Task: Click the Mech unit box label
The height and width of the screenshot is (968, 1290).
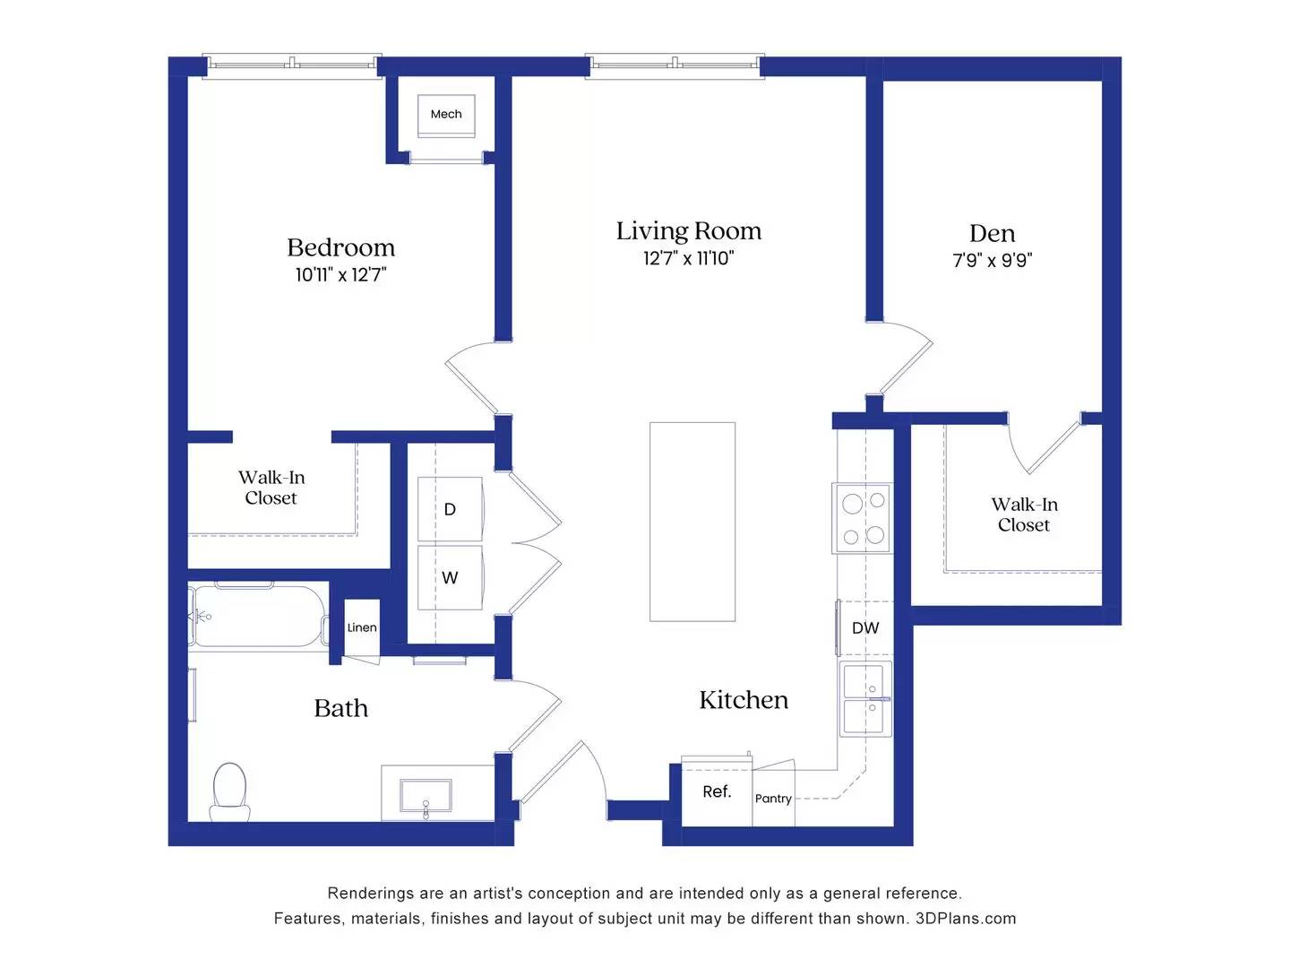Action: pos(446,114)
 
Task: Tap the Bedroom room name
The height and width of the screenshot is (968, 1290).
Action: pos(340,247)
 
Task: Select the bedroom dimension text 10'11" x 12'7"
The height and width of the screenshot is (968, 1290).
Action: pos(340,275)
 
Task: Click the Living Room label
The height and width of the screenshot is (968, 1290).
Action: pos(688,231)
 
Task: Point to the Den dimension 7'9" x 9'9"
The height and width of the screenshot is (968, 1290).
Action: pos(992,261)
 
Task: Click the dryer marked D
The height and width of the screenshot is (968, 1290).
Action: pos(450,509)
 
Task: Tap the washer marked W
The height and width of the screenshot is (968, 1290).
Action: pos(450,578)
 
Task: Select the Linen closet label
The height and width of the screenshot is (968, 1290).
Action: pos(362,627)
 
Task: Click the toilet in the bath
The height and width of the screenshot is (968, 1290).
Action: pos(230,791)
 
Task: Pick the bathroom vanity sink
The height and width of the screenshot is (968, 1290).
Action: pos(426,795)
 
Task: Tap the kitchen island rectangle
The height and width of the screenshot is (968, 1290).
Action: pos(692,522)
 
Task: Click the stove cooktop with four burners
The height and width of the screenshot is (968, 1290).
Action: pos(863,518)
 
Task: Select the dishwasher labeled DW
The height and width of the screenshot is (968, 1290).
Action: pos(865,627)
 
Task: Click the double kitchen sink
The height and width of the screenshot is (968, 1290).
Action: pos(865,699)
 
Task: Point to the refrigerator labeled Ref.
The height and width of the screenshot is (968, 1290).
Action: pos(717,792)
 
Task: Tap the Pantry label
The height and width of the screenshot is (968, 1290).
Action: pos(773,799)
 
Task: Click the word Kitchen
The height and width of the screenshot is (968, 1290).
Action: pos(744,700)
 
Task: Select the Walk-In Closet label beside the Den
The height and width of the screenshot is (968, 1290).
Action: pos(1024,514)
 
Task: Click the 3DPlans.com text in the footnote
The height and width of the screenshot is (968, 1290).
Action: pos(966,919)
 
